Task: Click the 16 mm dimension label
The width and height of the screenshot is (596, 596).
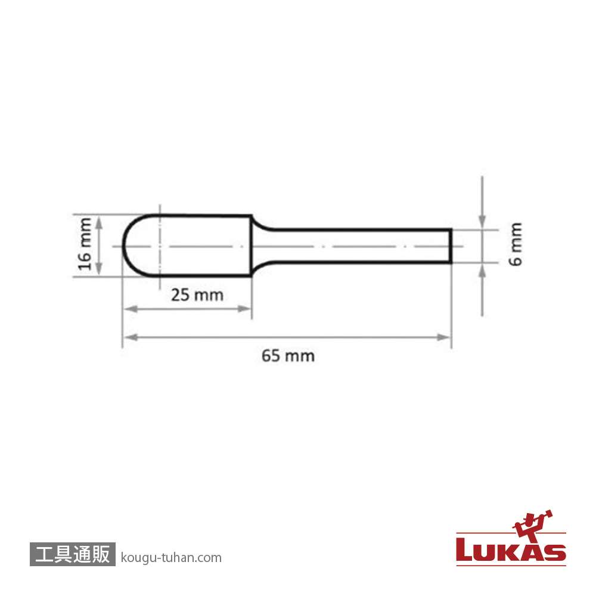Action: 85,244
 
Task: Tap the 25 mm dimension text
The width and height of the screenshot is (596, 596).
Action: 197,295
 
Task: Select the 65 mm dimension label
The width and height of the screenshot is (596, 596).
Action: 288,356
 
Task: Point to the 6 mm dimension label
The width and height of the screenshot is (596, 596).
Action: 516,244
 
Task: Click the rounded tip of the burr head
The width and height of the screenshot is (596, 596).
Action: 123,246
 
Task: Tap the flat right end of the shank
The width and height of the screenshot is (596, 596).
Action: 451,246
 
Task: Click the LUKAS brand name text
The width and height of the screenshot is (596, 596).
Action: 511,550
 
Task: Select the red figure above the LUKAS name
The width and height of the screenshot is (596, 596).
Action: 532,525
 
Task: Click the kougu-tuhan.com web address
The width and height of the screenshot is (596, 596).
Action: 171,558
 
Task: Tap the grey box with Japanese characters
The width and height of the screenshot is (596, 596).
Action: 72,554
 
